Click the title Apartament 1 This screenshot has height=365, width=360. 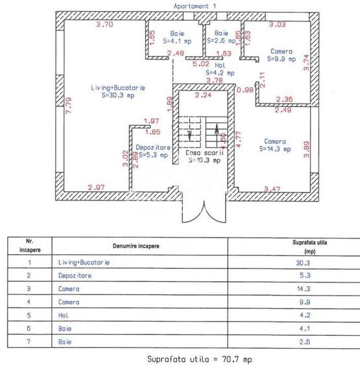click(195, 5)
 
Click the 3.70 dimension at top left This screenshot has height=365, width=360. click(104, 25)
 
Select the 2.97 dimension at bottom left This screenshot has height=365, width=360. click(97, 187)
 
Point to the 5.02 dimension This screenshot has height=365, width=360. click(200, 64)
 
